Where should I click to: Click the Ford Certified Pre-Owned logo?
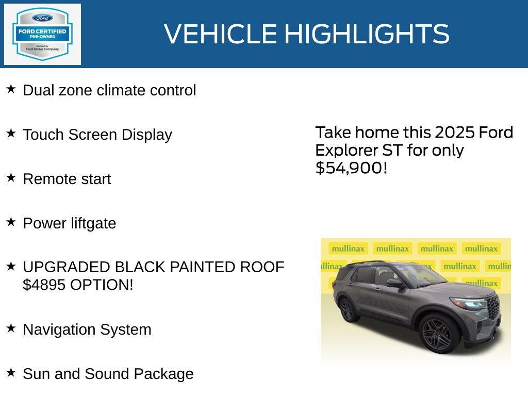pos(42,34)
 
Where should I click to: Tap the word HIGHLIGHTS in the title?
pos(367,34)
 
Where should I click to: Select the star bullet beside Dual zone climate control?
pos(11,89)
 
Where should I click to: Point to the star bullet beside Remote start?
pos(11,178)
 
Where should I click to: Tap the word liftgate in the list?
pos(91,223)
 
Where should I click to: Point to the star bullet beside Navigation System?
pos(11,328)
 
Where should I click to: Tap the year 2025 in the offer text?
pos(455,133)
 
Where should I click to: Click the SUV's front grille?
pos(493,308)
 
